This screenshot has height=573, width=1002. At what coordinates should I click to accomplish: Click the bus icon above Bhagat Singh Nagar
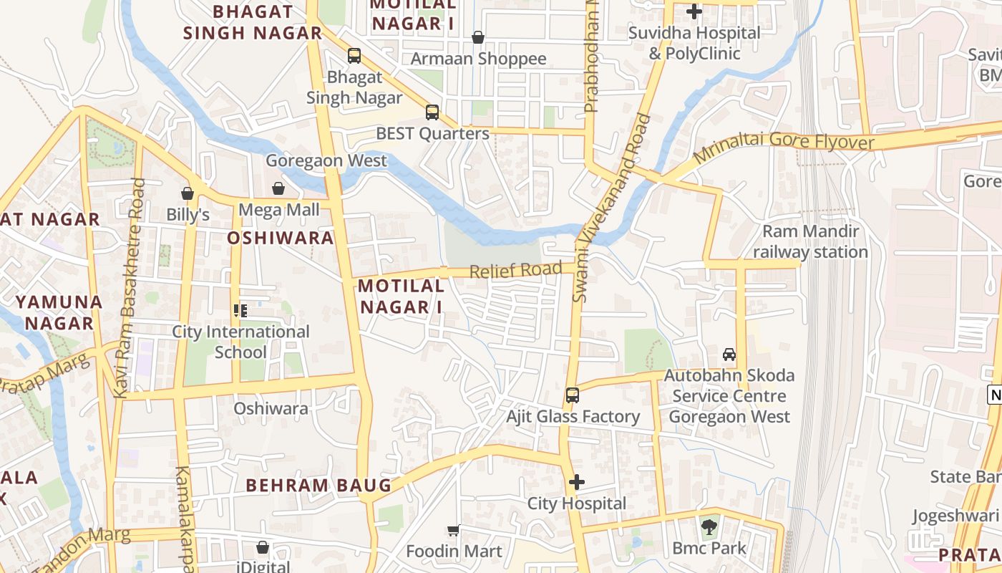354,55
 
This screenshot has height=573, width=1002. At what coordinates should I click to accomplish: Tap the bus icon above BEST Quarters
432,112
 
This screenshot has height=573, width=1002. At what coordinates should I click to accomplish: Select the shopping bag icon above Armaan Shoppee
478,37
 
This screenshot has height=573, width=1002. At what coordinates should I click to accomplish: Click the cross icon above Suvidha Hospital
694,11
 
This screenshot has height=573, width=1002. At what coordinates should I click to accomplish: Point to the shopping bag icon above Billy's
188,193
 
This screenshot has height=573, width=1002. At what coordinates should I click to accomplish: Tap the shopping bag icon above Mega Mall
278,188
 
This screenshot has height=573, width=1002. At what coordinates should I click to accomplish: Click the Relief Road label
515,270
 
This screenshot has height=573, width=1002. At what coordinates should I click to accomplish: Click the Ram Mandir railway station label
810,241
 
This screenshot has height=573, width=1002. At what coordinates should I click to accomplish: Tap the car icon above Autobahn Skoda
729,354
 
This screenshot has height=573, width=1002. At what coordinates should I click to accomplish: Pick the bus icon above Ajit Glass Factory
572,395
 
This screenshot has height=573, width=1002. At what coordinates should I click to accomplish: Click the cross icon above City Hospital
577,482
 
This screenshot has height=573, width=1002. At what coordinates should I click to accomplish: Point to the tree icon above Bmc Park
709,526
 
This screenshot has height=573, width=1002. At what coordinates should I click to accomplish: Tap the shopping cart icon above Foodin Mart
453,531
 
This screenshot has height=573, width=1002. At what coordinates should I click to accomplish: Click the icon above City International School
240,311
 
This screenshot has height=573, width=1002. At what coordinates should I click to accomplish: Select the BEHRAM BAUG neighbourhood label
318,485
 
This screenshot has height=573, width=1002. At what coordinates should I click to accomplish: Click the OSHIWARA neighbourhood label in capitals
281,238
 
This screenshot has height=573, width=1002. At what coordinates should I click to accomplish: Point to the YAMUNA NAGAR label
59,312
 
